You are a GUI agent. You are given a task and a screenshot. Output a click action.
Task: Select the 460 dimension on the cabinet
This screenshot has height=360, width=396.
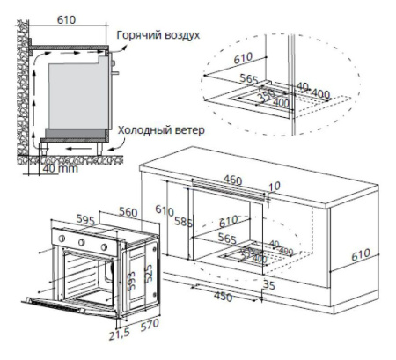click(232, 180)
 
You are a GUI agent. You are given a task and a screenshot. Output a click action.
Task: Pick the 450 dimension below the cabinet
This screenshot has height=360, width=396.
click(224, 296)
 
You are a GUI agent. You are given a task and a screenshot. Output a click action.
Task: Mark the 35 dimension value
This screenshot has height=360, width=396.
click(269, 285)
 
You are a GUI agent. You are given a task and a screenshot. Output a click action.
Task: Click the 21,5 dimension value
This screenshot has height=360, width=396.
click(119, 336)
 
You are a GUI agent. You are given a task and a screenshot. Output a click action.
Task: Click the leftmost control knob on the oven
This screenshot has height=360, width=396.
click(61, 237)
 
